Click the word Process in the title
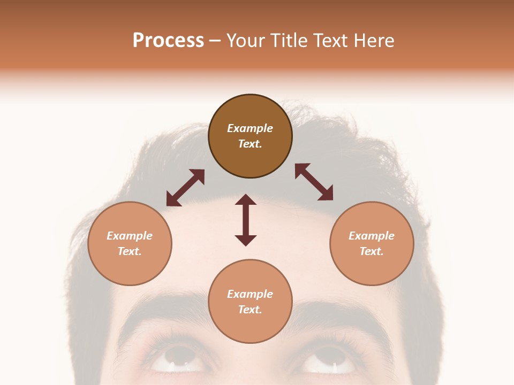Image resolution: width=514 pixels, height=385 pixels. click(x=168, y=41)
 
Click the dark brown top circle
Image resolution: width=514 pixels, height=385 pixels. click(x=250, y=136)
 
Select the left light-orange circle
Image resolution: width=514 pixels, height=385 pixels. click(x=130, y=243)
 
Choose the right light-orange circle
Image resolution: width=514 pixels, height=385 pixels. click(x=372, y=243)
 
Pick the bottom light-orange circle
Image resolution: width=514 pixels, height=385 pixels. click(x=250, y=302)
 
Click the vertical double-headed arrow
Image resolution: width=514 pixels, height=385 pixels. click(x=246, y=220)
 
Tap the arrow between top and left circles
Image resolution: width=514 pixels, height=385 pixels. click(x=185, y=188)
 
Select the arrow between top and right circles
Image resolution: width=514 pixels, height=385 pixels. click(x=314, y=182)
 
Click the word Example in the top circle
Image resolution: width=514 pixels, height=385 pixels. click(x=250, y=128)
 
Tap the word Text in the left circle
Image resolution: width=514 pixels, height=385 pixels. click(x=130, y=251)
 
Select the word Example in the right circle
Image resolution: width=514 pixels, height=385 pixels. click(x=372, y=236)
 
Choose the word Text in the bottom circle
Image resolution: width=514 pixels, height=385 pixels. click(x=250, y=310)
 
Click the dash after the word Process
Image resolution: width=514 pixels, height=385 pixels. click(x=215, y=41)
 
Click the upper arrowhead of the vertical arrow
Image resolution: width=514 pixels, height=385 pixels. click(x=246, y=201)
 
